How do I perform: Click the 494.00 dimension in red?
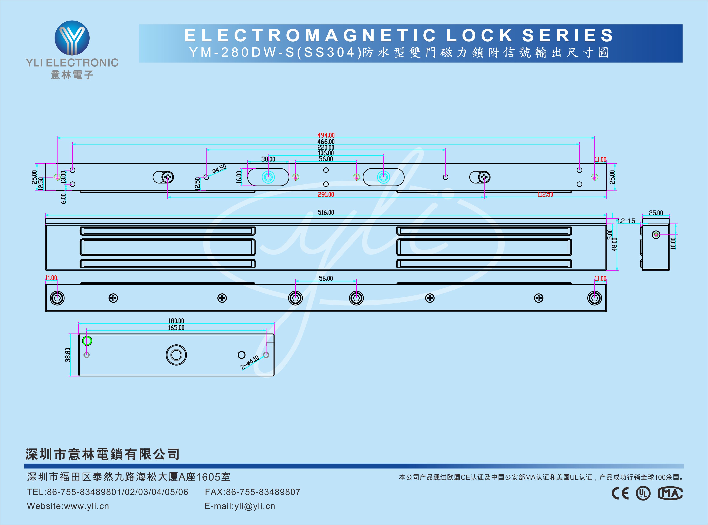pos(326,135)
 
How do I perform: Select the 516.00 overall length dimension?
pos(326,212)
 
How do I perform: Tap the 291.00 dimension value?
pos(326,194)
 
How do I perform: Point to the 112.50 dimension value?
pos(545,194)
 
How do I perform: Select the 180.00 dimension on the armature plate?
pos(176,321)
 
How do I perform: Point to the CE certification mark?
pos(620,493)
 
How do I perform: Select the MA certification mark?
pos(670,493)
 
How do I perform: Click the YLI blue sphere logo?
pos(72,38)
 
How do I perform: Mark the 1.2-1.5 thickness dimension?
pos(626,221)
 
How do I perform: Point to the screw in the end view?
pos(656,235)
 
